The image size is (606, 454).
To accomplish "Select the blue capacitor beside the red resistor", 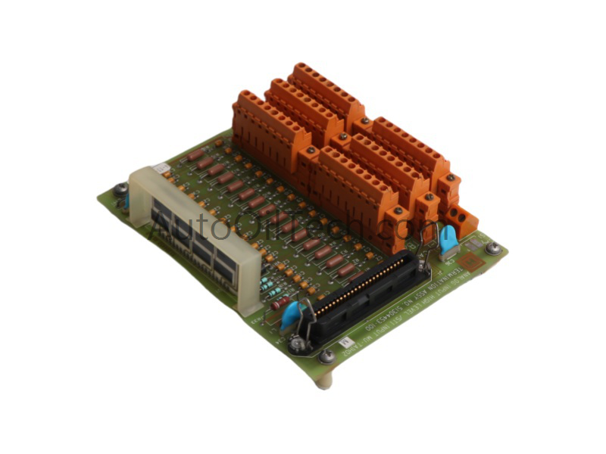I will tap(292, 315).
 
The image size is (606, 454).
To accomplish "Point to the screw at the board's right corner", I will tap(493, 247).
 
